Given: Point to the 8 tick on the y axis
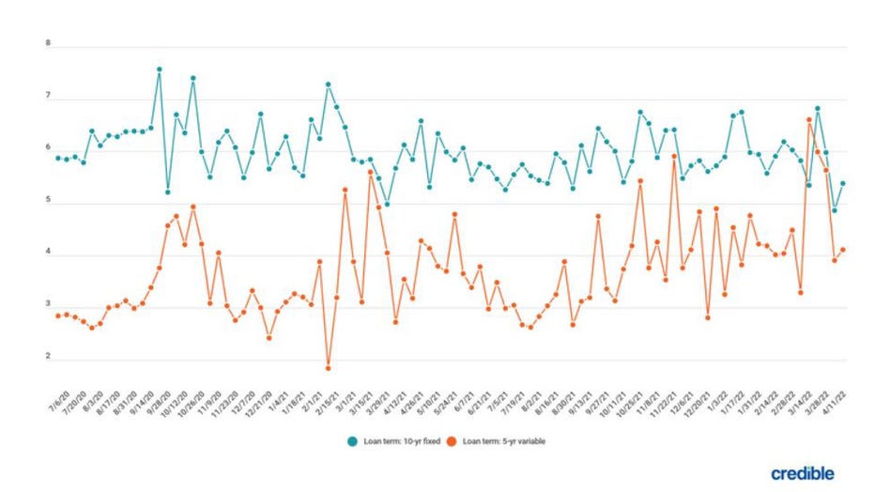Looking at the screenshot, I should (x=48, y=44).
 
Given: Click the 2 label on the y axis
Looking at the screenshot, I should (x=48, y=360).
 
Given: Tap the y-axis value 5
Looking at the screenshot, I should (x=48, y=202).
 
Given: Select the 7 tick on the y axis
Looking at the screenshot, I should (x=48, y=97).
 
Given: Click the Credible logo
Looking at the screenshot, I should (x=802, y=473).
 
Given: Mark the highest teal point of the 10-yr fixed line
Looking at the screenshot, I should (x=160, y=69).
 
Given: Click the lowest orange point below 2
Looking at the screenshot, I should (x=329, y=368).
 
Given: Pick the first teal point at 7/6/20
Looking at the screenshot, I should (x=58, y=158).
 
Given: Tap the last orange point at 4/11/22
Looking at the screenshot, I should (x=843, y=250).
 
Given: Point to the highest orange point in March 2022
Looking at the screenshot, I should (x=809, y=119).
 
